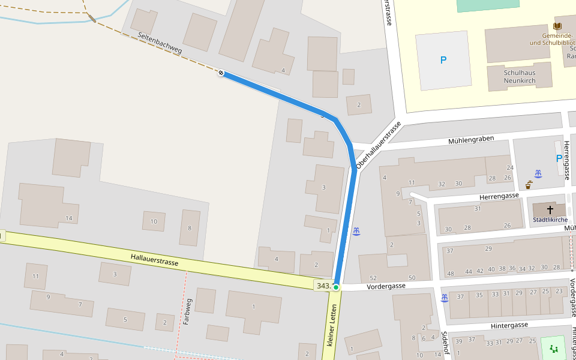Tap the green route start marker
tap(336, 287)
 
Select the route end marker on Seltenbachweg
tap(221, 73)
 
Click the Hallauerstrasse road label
tap(154, 260)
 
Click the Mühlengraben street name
tap(471, 140)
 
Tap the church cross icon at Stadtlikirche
tap(550, 210)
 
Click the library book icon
tap(557, 27)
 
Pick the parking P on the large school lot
tap(443, 60)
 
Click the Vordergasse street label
tap(386, 286)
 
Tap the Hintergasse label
tap(509, 325)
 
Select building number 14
tap(69, 218)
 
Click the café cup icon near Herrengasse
tap(528, 185)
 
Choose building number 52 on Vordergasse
tap(373, 278)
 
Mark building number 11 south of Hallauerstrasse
tap(35, 277)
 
